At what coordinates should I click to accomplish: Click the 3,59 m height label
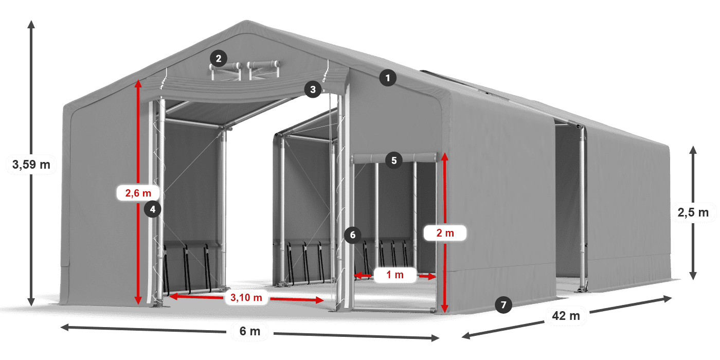point(31,165)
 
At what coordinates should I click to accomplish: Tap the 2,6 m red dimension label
point(138,193)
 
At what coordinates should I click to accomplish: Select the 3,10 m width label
point(246,297)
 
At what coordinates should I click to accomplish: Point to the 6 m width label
point(250,331)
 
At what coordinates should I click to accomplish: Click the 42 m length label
point(567,316)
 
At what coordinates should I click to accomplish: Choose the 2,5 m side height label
point(693,212)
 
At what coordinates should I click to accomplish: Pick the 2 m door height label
point(445,233)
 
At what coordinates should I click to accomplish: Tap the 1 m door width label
point(395,275)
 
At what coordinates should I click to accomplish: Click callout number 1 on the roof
point(388,78)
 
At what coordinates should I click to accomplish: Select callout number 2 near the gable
point(219,59)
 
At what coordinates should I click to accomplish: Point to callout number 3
point(312,89)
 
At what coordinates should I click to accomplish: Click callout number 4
point(153,209)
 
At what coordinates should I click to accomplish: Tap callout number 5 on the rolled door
point(393,160)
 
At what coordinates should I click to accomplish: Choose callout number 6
point(352,236)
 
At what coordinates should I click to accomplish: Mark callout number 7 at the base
point(503,305)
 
